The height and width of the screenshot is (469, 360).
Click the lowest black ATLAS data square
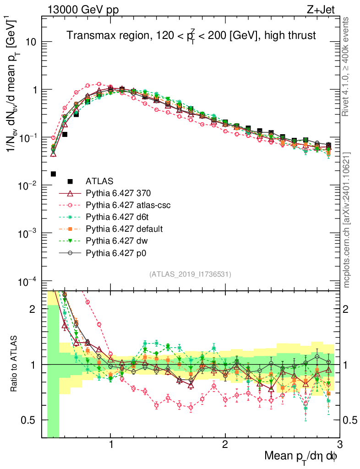pyautogui.click(x=53, y=174)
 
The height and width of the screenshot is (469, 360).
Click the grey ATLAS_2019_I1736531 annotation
pyautogui.click(x=190, y=274)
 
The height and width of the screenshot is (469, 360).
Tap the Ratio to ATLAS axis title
pyautogui.click(x=14, y=364)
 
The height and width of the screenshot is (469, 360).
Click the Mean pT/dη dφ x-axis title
pyautogui.click(x=301, y=456)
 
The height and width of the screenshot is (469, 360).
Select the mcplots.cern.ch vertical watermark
pyautogui.click(x=347, y=220)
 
